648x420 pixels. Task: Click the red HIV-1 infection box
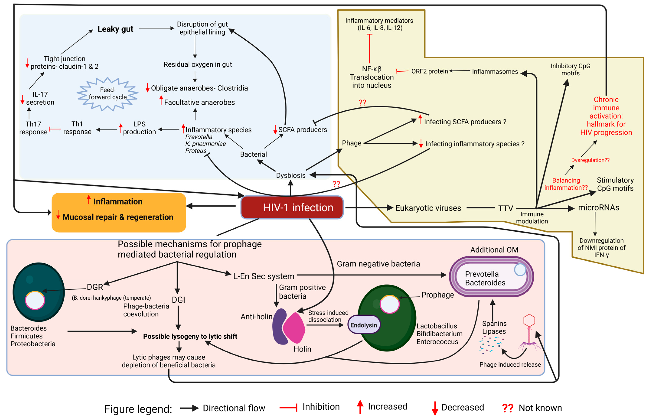[x=292, y=207]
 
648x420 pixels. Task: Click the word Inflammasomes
[x=495, y=71]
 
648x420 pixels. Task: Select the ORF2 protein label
[x=429, y=71]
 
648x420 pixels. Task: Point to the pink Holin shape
[x=294, y=328]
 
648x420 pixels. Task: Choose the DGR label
[x=95, y=287]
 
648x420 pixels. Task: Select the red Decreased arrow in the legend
[x=435, y=408]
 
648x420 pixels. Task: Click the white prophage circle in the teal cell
[x=35, y=300]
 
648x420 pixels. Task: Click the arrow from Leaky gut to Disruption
[x=156, y=28]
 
